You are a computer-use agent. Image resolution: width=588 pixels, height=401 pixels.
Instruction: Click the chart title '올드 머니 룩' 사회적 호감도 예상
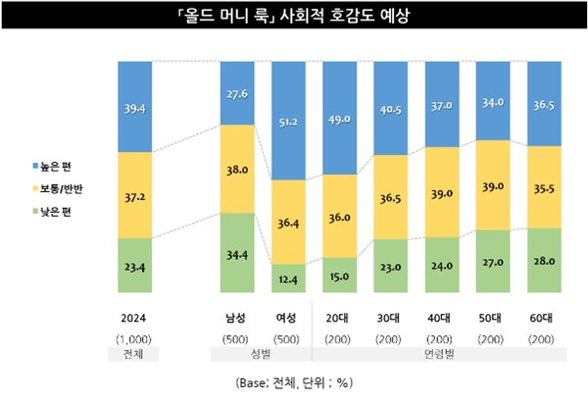pyautogui.click(x=294, y=17)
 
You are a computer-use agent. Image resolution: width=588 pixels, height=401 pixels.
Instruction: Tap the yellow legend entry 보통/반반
pyautogui.click(x=56, y=186)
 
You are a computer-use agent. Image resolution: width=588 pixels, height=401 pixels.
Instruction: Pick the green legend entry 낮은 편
pyautogui.click(x=50, y=212)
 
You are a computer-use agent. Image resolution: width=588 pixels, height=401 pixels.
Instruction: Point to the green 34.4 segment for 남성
pyautogui.click(x=236, y=253)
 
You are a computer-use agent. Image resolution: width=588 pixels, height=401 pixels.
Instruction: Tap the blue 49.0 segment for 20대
pyautogui.click(x=339, y=118)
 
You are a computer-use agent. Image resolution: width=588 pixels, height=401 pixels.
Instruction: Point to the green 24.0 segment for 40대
pyautogui.click(x=440, y=265)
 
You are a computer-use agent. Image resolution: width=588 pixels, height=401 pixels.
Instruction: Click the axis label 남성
pyautogui.click(x=236, y=318)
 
